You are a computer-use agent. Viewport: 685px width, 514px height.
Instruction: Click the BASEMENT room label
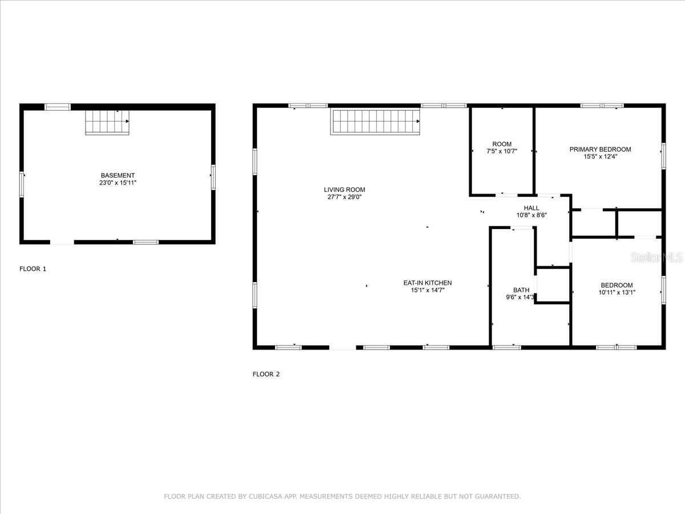click(118, 175)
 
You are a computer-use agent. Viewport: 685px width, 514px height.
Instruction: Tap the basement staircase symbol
click(107, 122)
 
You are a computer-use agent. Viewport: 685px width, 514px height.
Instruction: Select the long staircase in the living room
click(375, 122)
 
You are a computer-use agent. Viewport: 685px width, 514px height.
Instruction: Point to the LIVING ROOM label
click(344, 190)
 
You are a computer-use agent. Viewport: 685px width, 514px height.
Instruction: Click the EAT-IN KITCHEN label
click(428, 283)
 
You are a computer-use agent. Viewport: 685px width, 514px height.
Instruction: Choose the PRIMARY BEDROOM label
click(600, 150)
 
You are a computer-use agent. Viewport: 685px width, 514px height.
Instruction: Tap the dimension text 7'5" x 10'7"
click(502, 151)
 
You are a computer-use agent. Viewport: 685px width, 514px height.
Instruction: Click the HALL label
click(531, 208)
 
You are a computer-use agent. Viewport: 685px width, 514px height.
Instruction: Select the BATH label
click(521, 290)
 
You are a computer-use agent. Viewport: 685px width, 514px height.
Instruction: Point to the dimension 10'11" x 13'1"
click(617, 292)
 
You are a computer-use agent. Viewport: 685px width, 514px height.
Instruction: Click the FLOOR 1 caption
click(33, 268)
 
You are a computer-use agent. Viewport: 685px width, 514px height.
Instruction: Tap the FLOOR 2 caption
click(266, 374)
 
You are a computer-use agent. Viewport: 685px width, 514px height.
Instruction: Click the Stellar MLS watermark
click(656, 258)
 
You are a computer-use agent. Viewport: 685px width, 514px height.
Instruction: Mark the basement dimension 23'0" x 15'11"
click(118, 183)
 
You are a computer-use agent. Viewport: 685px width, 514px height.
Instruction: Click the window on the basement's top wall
click(58, 107)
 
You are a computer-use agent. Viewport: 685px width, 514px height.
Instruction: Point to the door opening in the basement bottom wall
click(62, 242)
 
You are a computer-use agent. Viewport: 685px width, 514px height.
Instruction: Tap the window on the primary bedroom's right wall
click(663, 156)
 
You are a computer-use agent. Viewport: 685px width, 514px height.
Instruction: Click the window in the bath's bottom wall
click(507, 347)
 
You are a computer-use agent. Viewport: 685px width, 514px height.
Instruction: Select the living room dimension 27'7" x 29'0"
click(345, 197)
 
